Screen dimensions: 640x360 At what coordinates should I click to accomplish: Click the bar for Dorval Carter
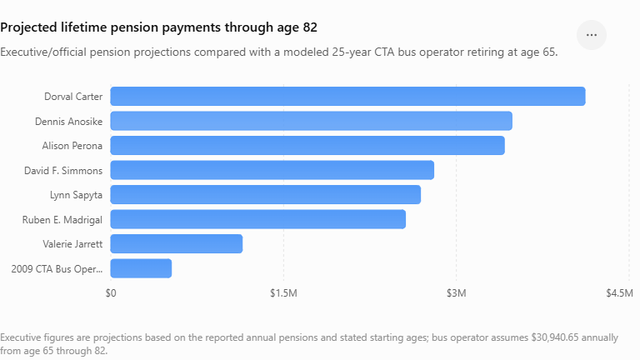(347, 97)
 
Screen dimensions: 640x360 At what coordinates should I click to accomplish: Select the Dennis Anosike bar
(312, 121)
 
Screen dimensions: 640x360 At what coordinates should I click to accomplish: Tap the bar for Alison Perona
(307, 146)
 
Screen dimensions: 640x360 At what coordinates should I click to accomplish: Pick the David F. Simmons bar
(272, 170)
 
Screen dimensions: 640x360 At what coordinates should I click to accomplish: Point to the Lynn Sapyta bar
(265, 195)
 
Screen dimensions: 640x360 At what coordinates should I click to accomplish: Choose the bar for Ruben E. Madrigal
(258, 219)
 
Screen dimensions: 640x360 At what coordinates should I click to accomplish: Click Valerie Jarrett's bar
(177, 243)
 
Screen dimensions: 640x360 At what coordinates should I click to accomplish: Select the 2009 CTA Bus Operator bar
(141, 268)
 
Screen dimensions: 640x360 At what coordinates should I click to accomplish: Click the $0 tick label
(111, 293)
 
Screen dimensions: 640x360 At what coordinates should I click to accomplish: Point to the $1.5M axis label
(283, 293)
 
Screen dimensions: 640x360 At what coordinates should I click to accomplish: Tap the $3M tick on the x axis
(457, 293)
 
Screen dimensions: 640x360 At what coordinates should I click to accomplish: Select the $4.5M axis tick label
(620, 293)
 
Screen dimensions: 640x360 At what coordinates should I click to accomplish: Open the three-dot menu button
(592, 35)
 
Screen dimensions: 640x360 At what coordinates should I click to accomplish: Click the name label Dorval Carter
(73, 97)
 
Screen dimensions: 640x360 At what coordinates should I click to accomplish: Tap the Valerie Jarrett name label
(72, 244)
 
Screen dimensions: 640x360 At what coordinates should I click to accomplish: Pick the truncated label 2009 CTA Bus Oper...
(57, 269)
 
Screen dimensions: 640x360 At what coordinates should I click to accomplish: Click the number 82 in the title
(310, 27)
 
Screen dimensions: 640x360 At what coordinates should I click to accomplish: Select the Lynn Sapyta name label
(77, 195)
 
